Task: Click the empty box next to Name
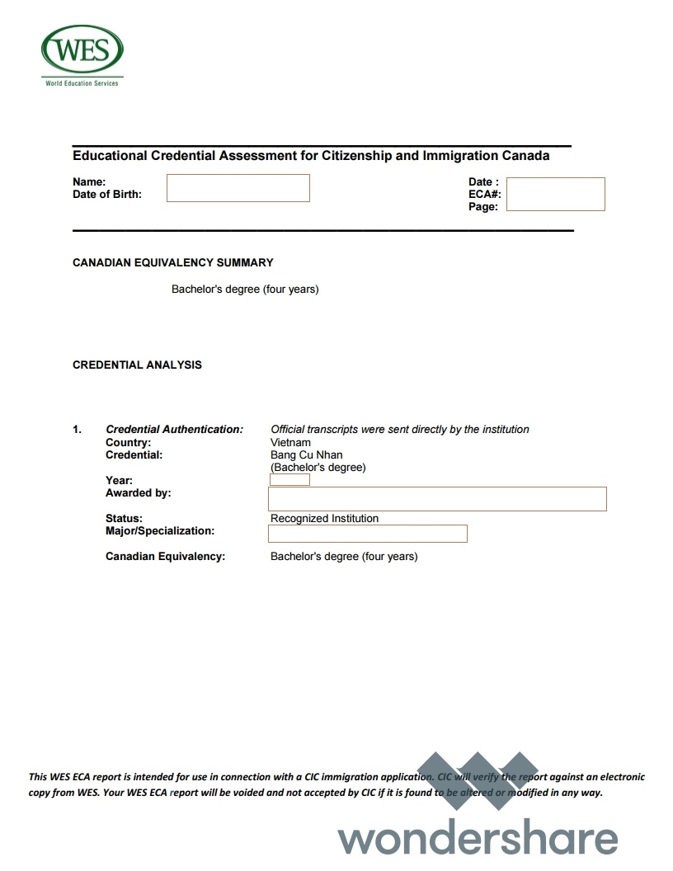pos(238,188)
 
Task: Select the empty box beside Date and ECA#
pos(555,194)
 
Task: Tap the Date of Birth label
pos(107,195)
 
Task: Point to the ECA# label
pos(485,195)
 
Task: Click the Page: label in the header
pos(483,207)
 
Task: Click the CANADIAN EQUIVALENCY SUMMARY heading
pos(172,263)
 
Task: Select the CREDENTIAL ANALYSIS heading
pos(137,365)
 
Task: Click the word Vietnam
pos(290,442)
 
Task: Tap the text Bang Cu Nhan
pos(306,454)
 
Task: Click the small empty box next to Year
pos(289,480)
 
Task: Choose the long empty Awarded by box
pos(437,499)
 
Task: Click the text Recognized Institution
pos(324,519)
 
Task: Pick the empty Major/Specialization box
pos(368,534)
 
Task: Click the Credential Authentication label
pos(174,430)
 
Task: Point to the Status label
pos(124,519)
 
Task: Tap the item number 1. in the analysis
pos(78,430)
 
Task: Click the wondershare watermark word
pos(478,838)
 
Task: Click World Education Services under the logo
pos(82,83)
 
